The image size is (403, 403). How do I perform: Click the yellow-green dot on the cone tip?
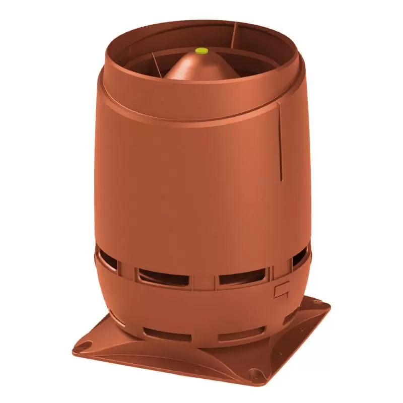[x=201, y=50]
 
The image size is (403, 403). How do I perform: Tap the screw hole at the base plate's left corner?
[x=86, y=346]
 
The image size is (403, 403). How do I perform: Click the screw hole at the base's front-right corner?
[x=258, y=375]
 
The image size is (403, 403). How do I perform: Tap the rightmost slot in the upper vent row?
[x=298, y=258]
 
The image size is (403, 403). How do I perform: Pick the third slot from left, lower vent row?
[x=242, y=334]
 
